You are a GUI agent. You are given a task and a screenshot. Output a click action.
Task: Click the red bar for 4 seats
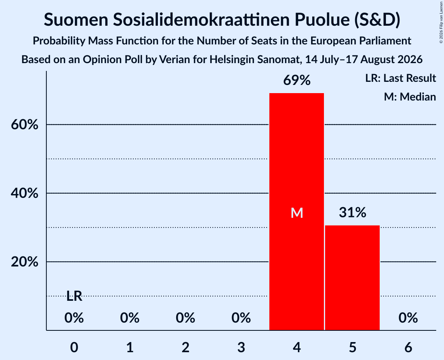coord(297,212)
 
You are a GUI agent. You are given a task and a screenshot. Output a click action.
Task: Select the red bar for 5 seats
coord(352,278)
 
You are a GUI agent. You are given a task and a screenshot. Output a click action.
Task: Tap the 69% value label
coord(297,80)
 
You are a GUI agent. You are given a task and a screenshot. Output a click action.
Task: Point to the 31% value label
coord(352,212)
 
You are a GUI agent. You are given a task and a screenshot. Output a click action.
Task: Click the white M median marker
coord(297,213)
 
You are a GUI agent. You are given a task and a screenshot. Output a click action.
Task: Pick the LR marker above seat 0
coord(74,296)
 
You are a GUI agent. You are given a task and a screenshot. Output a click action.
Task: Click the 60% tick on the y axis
coord(25,125)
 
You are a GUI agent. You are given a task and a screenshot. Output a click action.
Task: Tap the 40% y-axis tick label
coord(25,193)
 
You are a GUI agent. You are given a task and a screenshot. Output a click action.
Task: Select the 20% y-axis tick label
coord(25,262)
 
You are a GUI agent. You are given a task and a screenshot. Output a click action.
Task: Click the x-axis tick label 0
coord(74,347)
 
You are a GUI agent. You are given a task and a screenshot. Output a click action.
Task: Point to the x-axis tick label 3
coord(241,347)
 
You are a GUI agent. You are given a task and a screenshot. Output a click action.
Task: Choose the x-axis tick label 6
coord(408,347)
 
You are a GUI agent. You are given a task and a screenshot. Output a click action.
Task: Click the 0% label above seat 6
coord(408,318)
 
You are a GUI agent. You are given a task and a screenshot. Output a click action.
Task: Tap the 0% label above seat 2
coord(186,318)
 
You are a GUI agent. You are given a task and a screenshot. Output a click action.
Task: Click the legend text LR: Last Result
coord(400,78)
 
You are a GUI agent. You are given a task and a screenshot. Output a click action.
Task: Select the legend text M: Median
coord(410,97)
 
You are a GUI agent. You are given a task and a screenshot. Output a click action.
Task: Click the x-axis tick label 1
coord(130,347)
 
